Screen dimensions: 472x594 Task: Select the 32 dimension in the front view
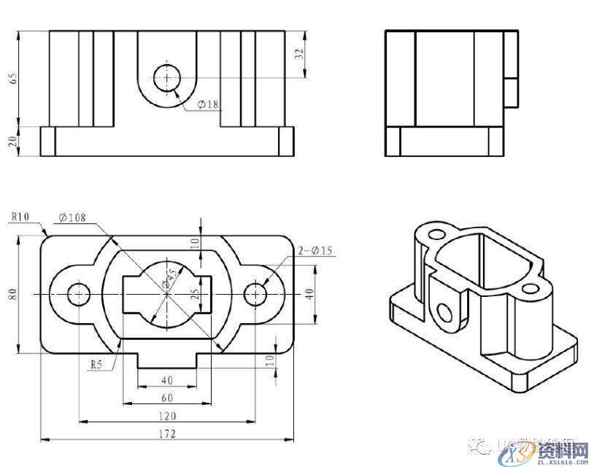298,53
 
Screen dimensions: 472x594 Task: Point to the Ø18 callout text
208,104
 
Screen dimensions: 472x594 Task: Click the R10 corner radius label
20,217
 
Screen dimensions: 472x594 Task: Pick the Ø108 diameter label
73,217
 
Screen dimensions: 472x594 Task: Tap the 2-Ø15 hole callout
315,252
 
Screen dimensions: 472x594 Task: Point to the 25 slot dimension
194,295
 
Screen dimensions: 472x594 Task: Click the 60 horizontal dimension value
167,398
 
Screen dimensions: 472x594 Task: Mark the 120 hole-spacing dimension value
167,416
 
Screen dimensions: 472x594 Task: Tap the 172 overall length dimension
167,435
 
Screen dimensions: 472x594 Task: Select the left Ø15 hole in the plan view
79,294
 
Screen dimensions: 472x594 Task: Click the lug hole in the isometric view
443,312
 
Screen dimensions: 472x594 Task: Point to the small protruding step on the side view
512,92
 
